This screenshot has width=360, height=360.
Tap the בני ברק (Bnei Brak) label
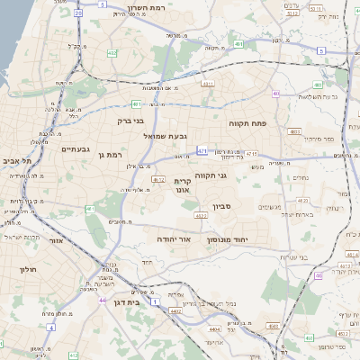130,120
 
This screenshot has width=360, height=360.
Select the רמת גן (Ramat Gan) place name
108,156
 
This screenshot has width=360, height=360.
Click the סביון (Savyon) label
222,206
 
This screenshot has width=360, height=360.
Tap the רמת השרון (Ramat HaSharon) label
168,7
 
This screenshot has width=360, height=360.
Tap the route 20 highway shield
78,14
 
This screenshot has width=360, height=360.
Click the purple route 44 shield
103,300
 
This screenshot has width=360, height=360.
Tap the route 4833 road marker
294,132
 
